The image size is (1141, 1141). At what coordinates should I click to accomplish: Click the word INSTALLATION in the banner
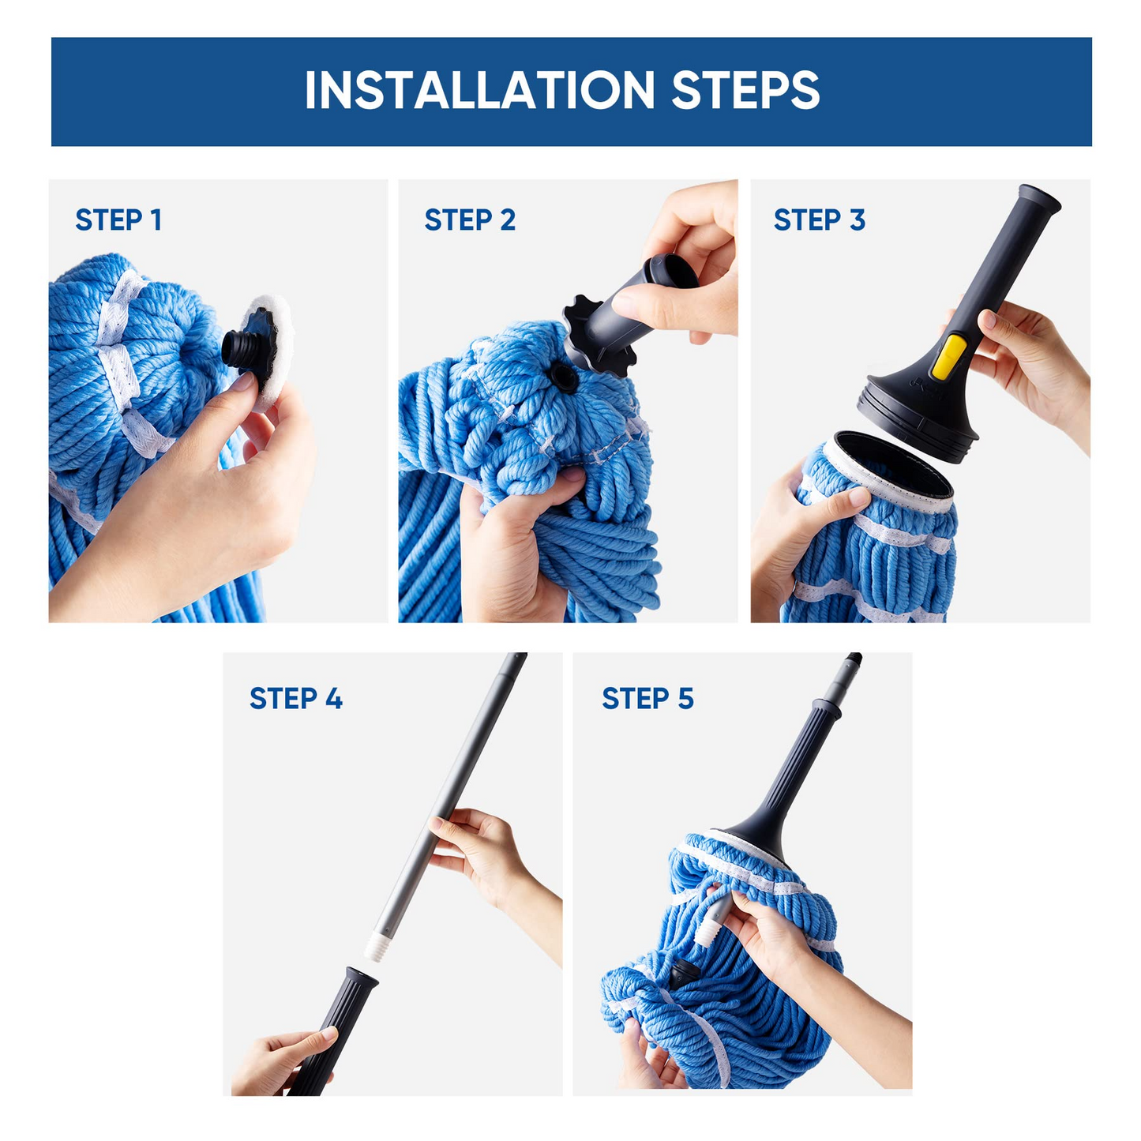(479, 90)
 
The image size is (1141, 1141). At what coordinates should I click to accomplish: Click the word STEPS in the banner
(745, 90)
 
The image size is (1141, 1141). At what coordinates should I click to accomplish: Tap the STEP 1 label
(118, 220)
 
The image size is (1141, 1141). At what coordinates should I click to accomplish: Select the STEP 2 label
(470, 220)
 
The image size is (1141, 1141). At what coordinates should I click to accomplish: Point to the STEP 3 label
(819, 220)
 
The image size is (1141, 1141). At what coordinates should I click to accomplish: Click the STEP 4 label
(295, 698)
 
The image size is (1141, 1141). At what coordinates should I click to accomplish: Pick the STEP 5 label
(647, 698)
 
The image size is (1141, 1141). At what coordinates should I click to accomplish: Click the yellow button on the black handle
(948, 357)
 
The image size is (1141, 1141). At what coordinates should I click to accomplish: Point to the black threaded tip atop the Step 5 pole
(854, 659)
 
